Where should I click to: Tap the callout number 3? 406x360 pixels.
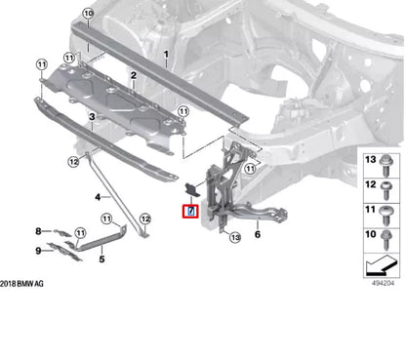point(91,116)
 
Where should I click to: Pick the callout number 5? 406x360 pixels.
point(101,260)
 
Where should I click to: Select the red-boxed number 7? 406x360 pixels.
point(191,211)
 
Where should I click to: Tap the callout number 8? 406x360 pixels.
point(64,231)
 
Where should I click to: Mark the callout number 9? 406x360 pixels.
point(64,251)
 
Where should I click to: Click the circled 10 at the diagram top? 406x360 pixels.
point(88,13)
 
